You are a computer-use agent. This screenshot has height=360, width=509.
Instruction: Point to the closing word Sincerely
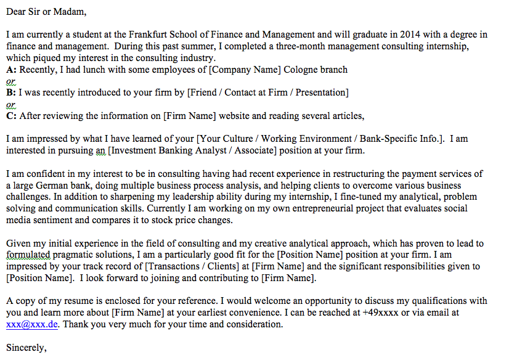pyautogui.click(x=26, y=348)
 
